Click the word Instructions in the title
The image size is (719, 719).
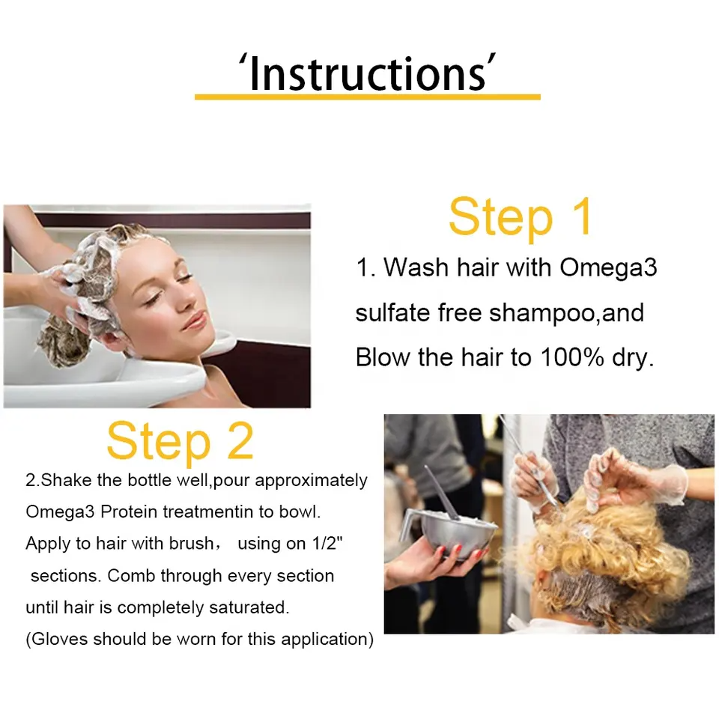[367, 73]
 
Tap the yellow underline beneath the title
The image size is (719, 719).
[367, 97]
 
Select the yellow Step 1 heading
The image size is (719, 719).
[520, 217]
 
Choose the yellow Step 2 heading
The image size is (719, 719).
[180, 440]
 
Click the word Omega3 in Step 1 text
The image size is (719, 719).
[608, 268]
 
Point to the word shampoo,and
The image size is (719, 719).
[566, 313]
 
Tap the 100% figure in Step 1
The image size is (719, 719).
[571, 357]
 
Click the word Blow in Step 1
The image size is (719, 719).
[383, 357]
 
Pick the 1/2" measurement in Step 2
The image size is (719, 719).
[327, 543]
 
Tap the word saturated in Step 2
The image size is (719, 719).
[249, 607]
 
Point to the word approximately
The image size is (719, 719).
[311, 481]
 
